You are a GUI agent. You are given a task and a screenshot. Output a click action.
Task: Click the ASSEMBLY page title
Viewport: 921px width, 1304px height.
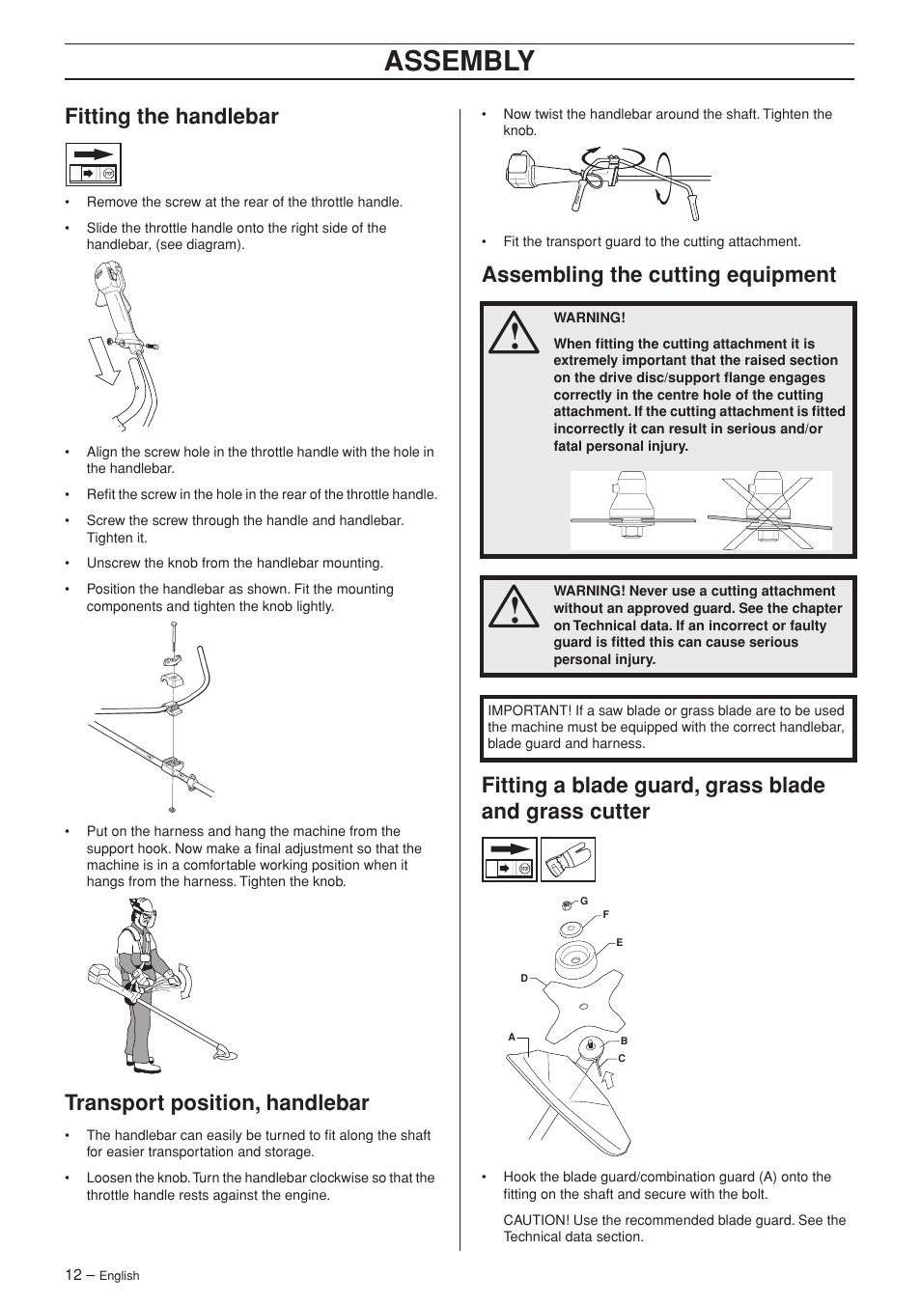point(459,61)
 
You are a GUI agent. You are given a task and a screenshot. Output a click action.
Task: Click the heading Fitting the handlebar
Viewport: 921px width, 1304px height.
point(172,117)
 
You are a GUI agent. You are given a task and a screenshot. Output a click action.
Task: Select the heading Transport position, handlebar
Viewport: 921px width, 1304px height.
point(217,1102)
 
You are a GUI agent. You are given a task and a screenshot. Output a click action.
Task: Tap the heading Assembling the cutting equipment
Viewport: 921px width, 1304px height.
point(658,275)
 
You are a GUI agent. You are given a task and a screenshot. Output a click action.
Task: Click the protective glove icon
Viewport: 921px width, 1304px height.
point(568,859)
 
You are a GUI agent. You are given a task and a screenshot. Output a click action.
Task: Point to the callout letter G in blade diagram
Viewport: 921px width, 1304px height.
point(584,901)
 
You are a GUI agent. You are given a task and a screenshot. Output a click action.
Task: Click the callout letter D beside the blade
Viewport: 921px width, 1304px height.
point(524,979)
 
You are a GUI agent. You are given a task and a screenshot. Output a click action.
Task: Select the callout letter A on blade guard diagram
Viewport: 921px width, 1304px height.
point(513,1038)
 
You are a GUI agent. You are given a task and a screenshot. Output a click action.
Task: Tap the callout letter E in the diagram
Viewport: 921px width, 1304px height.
point(620,942)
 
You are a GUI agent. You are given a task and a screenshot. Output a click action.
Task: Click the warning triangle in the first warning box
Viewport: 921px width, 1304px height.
point(514,331)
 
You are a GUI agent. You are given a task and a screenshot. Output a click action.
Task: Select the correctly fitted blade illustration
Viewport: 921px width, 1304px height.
point(631,510)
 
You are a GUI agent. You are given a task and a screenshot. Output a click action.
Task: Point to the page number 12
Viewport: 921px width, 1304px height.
point(73,1274)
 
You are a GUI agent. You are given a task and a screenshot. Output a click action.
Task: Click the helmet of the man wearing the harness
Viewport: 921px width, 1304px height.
point(142,908)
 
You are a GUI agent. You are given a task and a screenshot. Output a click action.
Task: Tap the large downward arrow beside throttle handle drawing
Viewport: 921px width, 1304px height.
point(103,359)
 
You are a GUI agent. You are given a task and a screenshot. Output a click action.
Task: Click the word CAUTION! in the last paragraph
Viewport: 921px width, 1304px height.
point(536,1220)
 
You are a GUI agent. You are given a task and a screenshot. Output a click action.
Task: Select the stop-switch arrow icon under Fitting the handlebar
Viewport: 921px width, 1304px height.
point(94,164)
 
